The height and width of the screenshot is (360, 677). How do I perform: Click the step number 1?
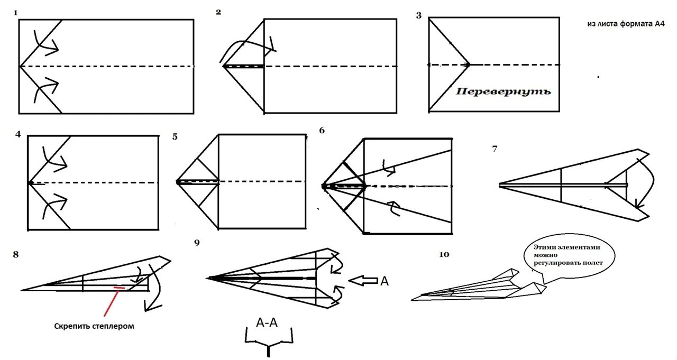(x=16, y=12)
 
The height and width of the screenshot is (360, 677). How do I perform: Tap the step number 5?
(x=175, y=137)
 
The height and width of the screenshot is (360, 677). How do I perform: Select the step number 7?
(x=495, y=149)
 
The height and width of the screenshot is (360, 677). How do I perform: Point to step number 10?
(x=444, y=255)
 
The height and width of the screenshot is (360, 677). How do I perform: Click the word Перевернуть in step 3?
(x=503, y=91)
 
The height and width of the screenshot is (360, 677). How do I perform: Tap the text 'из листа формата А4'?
(x=626, y=24)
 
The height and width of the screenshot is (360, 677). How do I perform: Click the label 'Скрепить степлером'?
(x=94, y=326)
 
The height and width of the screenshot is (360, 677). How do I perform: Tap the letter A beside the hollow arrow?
(x=385, y=281)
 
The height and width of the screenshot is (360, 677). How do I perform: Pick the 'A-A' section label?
(x=267, y=322)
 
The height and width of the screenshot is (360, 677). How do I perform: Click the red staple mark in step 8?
(x=119, y=288)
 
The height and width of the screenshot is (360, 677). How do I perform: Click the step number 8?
(x=16, y=255)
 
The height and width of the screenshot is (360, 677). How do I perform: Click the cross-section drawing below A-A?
(x=269, y=344)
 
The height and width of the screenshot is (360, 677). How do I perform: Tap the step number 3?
(x=419, y=15)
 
